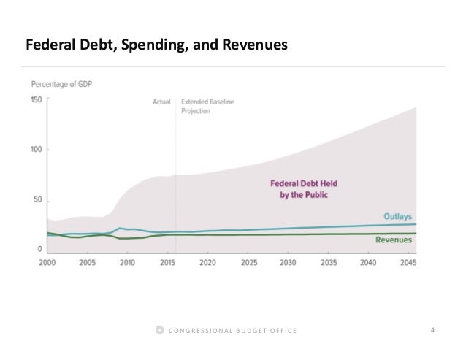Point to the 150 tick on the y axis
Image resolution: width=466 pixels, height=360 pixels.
click(x=36, y=99)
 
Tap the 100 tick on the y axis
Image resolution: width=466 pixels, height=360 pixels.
click(x=36, y=150)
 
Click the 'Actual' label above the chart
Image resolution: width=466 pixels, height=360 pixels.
click(x=161, y=102)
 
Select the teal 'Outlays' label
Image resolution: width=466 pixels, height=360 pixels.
click(x=400, y=217)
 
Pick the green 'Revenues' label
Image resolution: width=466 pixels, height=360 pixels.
click(x=395, y=240)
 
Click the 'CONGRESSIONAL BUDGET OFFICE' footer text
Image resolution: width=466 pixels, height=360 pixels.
click(x=233, y=332)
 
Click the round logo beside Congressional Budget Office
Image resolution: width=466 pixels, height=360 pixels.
click(x=161, y=332)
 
